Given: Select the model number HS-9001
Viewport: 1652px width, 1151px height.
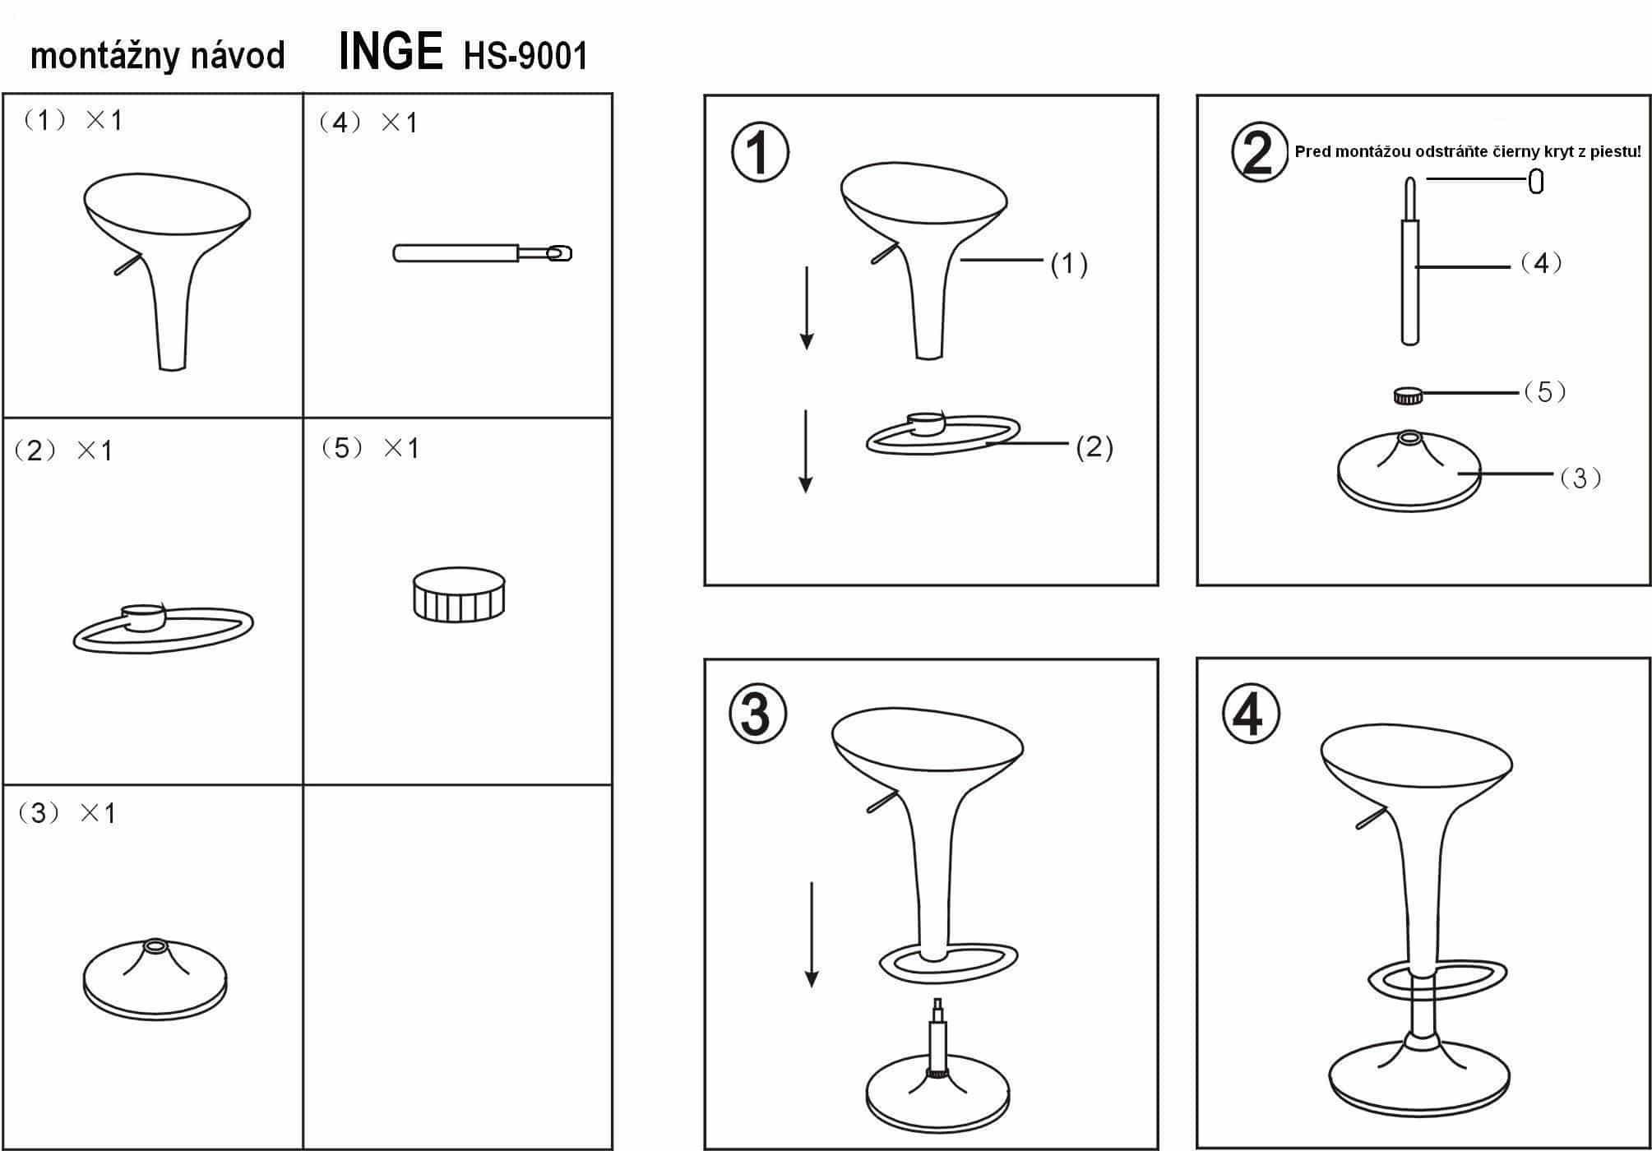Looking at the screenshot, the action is tap(526, 56).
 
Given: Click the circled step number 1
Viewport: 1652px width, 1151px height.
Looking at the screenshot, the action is tap(760, 152).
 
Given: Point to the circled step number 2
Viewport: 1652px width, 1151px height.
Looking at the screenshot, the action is tap(1259, 152).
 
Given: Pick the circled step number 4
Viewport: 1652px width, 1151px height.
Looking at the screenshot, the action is tap(1251, 713).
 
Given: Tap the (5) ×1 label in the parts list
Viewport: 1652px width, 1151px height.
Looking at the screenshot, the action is tap(371, 448).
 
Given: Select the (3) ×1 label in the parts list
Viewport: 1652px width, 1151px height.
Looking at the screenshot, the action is tap(67, 813).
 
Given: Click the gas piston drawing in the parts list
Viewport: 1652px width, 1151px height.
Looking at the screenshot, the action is tap(483, 253).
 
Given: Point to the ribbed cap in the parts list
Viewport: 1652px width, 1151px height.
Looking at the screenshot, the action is tap(459, 594).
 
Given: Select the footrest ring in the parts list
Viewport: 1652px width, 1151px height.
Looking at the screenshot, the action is tap(164, 629).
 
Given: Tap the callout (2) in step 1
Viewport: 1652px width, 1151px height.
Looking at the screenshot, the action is tap(1094, 447).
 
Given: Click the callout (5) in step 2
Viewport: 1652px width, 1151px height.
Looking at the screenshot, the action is tap(1545, 392).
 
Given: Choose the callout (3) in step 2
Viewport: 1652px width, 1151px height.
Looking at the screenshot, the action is tap(1580, 478).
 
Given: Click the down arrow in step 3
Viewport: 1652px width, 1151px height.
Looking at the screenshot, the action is tap(812, 934).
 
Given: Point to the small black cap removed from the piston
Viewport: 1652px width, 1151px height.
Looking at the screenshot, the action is tap(1535, 181).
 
